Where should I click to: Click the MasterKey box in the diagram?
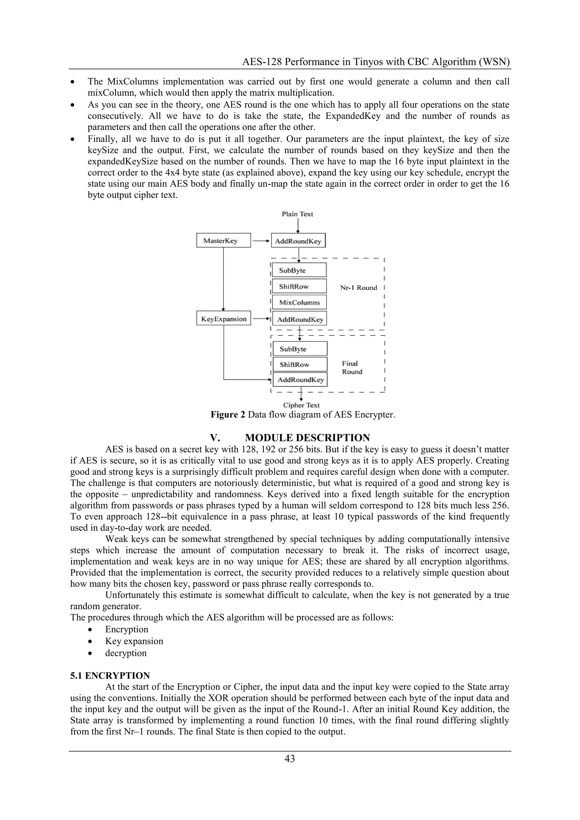223,240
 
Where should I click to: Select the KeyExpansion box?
223,319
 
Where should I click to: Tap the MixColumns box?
299,302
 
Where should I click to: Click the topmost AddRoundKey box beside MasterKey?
298,241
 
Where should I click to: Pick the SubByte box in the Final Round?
300,349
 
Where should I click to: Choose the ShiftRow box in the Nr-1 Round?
299,287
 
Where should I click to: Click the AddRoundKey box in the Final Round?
300,380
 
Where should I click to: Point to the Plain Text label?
297,214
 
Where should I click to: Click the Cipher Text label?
301,405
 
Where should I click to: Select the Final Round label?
352,368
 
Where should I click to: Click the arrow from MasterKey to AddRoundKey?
261,241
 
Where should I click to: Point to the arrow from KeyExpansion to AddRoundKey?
261,319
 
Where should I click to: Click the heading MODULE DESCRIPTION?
307,437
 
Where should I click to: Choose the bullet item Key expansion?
134,641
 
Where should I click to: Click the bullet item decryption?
126,653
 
